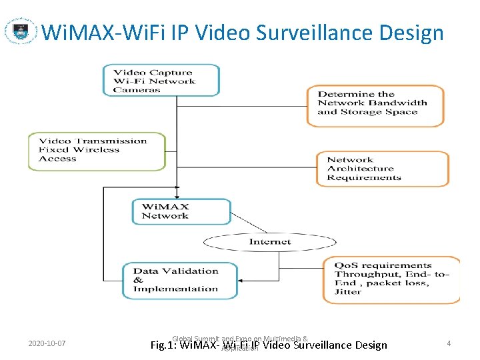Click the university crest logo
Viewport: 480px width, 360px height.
tap(21, 31)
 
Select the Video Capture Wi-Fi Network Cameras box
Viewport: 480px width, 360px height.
tap(161, 80)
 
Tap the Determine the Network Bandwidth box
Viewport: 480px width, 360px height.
tap(375, 105)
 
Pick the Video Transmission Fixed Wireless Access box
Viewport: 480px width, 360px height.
tap(97, 151)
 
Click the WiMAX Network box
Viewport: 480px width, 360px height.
tap(181, 212)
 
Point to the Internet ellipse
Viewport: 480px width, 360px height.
tap(270, 242)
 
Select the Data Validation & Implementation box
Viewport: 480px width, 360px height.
tap(179, 280)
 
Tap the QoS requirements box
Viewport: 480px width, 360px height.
tap(391, 279)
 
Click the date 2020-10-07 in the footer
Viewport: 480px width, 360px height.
tap(47, 344)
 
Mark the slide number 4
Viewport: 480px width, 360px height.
tap(449, 343)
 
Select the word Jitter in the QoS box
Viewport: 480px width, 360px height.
tap(348, 292)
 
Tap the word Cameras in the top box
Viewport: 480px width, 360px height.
tap(137, 90)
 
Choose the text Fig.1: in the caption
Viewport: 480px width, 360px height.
tap(164, 345)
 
